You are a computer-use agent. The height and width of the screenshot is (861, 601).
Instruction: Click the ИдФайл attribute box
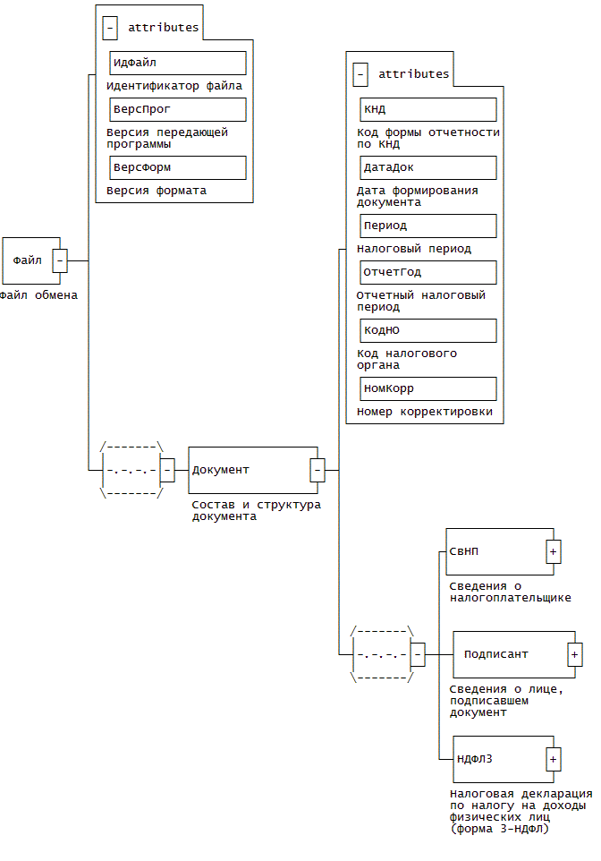(x=177, y=63)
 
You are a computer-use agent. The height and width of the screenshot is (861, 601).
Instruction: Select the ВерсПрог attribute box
(x=177, y=109)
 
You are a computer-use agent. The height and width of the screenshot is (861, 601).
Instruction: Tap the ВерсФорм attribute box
(x=177, y=167)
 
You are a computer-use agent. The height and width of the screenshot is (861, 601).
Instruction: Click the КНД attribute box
(x=427, y=109)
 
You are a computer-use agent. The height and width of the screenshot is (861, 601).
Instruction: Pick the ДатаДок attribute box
(x=427, y=167)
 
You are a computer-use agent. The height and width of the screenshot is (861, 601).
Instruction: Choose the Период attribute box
(x=427, y=226)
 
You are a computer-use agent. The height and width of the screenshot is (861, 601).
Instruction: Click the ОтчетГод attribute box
(x=427, y=272)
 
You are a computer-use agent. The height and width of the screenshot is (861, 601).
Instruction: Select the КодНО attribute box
(x=427, y=330)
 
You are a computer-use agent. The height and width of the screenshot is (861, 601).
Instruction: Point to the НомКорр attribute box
(x=427, y=388)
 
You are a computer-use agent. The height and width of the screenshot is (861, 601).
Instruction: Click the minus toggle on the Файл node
(x=60, y=260)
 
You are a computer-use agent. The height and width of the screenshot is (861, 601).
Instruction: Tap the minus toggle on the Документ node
(x=317, y=469)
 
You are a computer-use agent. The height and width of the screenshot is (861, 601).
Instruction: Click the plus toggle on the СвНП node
(x=553, y=551)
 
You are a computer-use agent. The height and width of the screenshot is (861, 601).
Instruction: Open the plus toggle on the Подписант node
(x=574, y=654)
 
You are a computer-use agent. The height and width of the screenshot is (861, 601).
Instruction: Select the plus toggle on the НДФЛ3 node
(x=553, y=760)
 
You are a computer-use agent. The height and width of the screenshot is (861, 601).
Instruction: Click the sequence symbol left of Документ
(x=131, y=469)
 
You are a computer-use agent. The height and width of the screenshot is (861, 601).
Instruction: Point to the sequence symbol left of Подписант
(x=382, y=654)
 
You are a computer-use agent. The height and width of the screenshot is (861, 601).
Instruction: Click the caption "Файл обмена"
(x=38, y=294)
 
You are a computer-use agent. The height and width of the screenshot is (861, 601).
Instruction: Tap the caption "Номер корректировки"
(x=424, y=412)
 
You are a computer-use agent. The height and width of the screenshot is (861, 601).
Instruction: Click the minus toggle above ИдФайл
(x=110, y=28)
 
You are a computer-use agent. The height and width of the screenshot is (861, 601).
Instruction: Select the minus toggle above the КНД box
(x=360, y=74)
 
